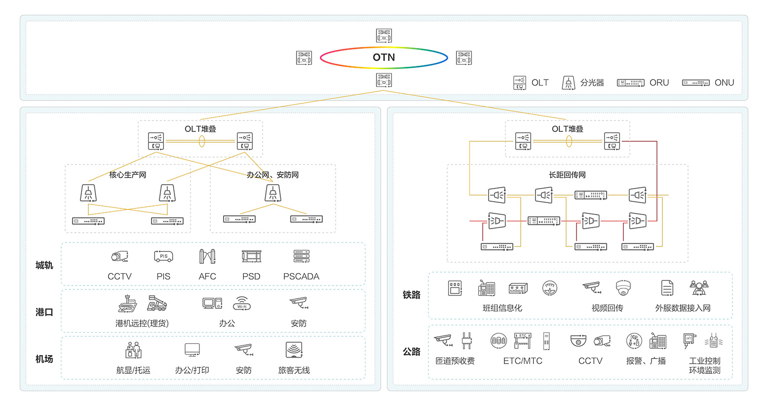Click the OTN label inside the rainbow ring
tap(384, 57)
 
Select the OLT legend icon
tap(519, 82)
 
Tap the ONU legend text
tap(724, 82)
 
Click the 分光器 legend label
tap(592, 82)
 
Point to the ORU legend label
tap(659, 82)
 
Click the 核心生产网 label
tap(127, 175)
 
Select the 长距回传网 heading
tap(567, 175)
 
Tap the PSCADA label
tap(301, 277)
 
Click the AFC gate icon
tap(207, 256)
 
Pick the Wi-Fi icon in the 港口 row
tap(242, 303)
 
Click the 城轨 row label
tap(44, 265)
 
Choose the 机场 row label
tap(44, 359)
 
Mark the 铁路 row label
tap(411, 295)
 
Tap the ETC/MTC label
tap(522, 361)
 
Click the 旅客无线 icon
tap(294, 350)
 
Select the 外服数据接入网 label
tap(683, 308)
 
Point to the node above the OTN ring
tap(384, 36)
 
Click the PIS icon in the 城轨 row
tap(163, 256)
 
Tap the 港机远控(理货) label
tap(142, 324)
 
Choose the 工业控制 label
tap(704, 361)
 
